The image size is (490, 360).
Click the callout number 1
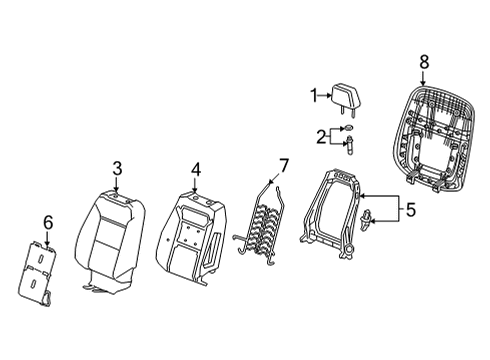[x=312, y=95]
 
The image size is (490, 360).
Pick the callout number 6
[x=46, y=221]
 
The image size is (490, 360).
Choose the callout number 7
[x=283, y=164]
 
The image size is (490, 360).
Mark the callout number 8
[x=423, y=62]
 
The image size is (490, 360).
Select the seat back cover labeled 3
[x=115, y=240]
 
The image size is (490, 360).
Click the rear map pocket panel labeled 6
[x=43, y=273]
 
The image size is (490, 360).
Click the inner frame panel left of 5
[x=335, y=215]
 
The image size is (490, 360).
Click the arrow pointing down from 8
[x=423, y=75]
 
